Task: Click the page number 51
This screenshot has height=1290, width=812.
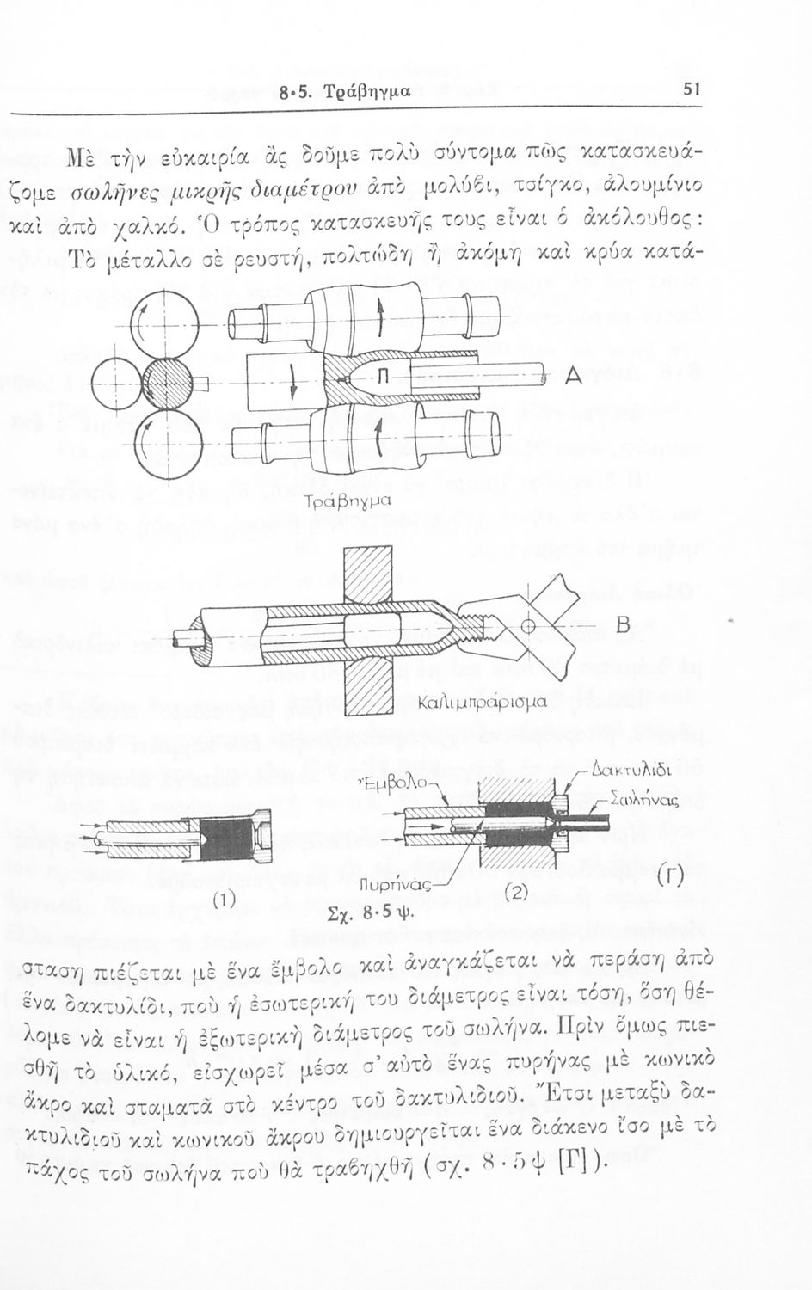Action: click(691, 89)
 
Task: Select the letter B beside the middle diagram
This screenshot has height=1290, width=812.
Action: click(623, 625)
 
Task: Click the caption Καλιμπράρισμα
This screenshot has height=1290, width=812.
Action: click(480, 703)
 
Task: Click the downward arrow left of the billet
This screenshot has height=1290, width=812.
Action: click(293, 382)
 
